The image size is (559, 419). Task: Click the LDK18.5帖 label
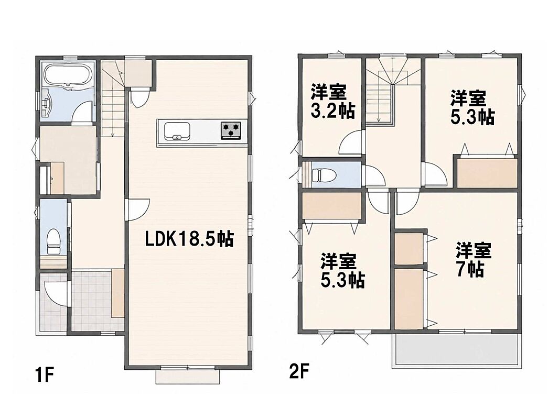coord(189,239)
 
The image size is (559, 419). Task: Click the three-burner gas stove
coord(231,129)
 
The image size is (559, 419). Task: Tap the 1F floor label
coord(44,375)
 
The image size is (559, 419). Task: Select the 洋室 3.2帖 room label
coord(332,102)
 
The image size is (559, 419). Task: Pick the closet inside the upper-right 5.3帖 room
coord(487,173)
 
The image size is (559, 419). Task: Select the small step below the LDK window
coord(188,377)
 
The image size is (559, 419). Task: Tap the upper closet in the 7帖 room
coord(408,248)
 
